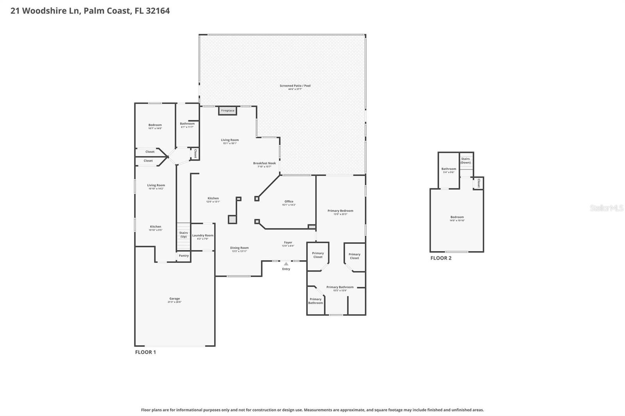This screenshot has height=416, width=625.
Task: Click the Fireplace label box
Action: pos(228,110)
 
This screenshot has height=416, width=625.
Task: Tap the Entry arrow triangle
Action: pos(286,264)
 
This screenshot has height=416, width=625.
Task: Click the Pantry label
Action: pos(184,256)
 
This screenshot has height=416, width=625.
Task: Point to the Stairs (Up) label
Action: pos(184,235)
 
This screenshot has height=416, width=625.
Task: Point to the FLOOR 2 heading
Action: pos(441,258)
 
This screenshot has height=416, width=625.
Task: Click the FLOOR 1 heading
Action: pos(145,352)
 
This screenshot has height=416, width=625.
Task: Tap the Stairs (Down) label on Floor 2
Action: pos(465,160)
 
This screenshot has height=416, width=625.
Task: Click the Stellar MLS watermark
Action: pos(606,208)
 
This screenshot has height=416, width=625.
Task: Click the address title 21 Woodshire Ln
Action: pos(90,11)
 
